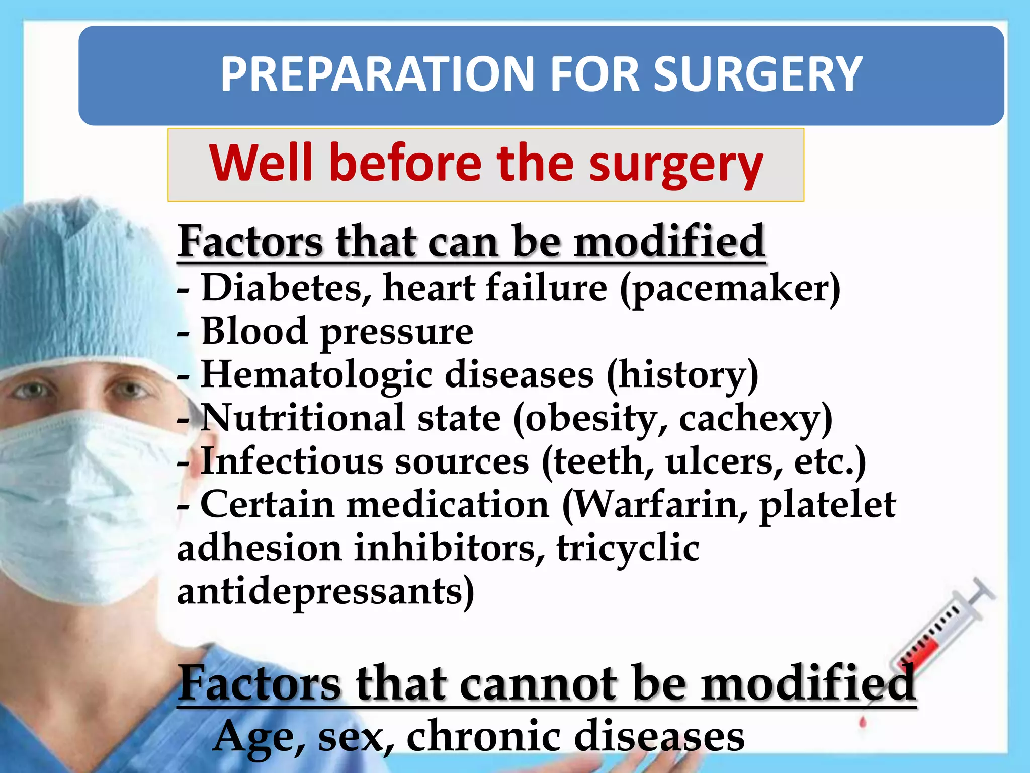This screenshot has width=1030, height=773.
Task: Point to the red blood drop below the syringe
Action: tap(863, 723)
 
